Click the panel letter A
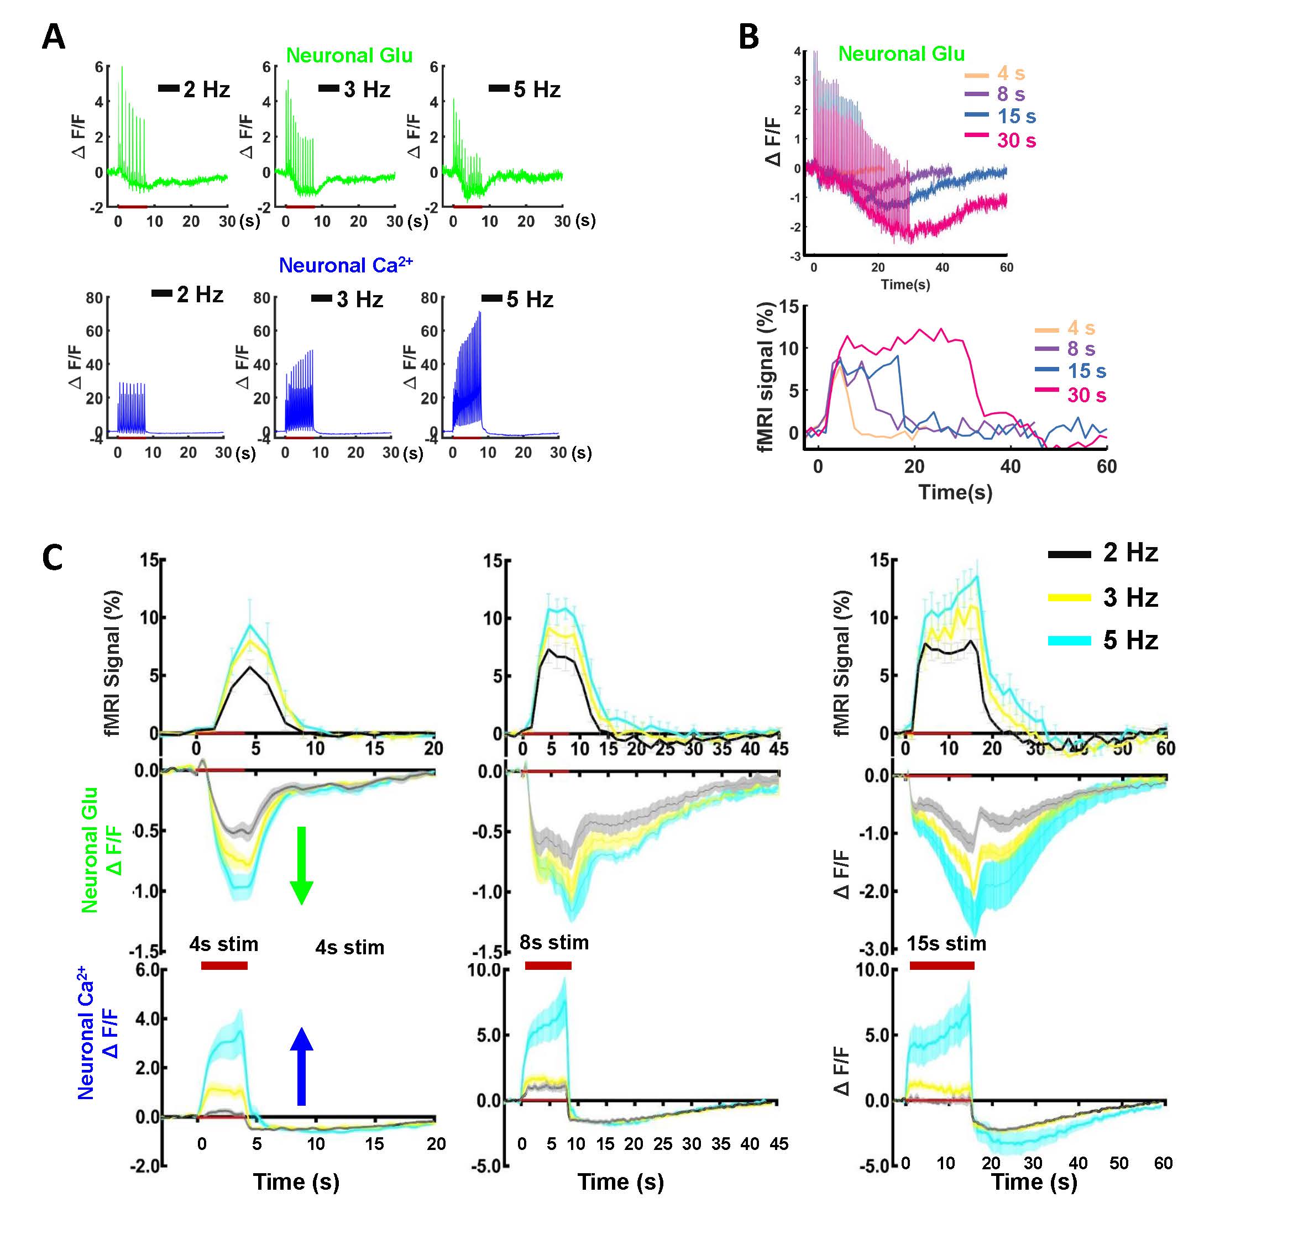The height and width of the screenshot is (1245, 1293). (54, 38)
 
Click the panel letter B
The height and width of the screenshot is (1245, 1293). (748, 38)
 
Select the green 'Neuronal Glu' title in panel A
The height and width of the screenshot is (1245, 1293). (349, 55)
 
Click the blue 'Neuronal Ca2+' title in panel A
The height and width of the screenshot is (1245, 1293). (346, 265)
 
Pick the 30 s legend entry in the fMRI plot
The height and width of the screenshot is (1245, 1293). (1086, 395)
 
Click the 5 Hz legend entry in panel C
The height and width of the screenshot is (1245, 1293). (1130, 640)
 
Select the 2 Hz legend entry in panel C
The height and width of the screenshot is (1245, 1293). (1130, 553)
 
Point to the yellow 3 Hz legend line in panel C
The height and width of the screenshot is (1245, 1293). (1069, 597)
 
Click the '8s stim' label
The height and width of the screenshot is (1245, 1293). (554, 942)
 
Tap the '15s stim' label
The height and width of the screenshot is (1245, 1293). (946, 944)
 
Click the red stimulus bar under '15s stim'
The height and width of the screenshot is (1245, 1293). (941, 965)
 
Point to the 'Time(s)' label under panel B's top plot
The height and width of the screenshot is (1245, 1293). (905, 284)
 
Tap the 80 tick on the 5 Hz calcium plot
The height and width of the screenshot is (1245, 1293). (429, 298)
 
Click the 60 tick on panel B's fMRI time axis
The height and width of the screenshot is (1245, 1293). (1106, 467)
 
